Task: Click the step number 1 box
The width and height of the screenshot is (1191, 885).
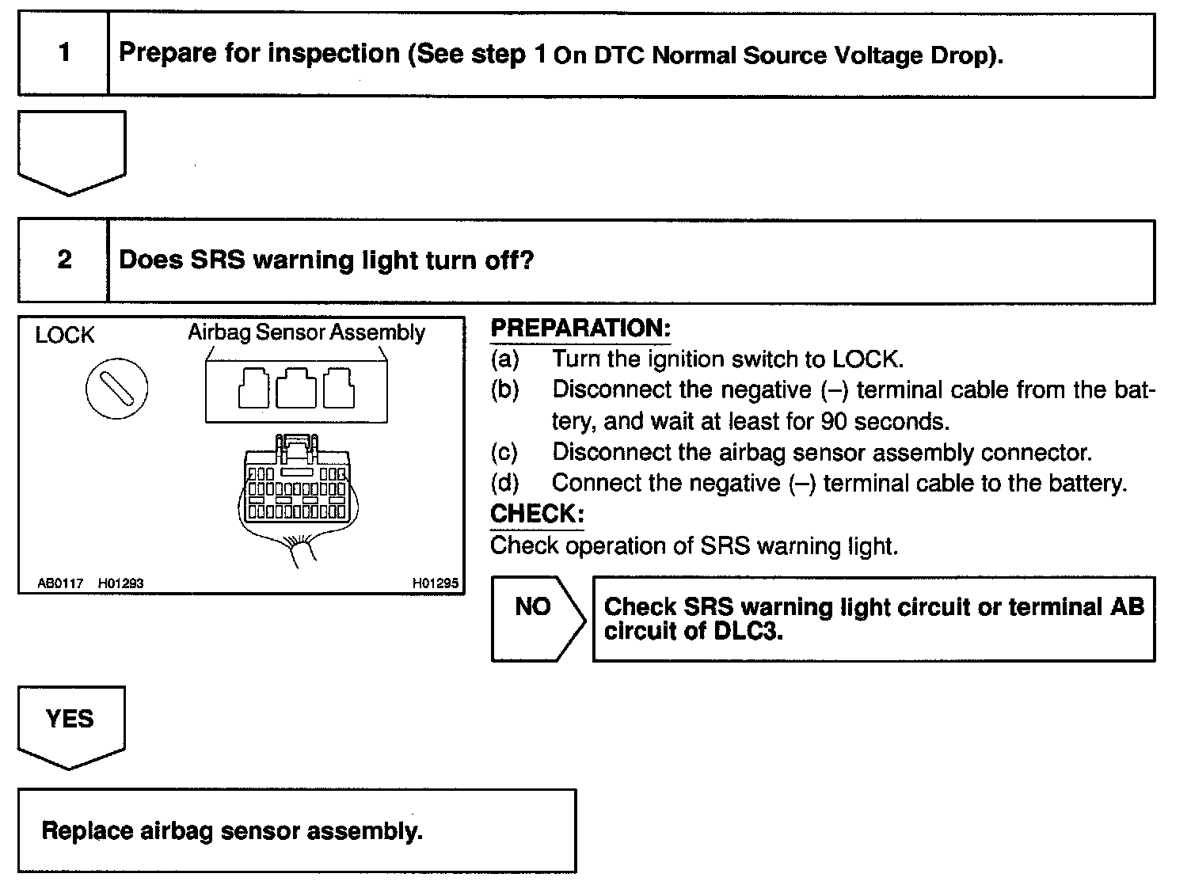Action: click(x=63, y=54)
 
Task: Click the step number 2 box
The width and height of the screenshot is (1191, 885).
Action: click(x=63, y=260)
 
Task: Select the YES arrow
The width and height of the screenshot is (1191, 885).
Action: click(x=70, y=724)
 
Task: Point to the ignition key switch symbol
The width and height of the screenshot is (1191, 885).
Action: click(x=116, y=388)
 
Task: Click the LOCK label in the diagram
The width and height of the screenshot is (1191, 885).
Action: click(x=64, y=335)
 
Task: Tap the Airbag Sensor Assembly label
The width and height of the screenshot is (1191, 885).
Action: click(x=306, y=332)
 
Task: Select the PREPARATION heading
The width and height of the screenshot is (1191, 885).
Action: click(x=580, y=328)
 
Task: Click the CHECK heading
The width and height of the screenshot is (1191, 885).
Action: click(x=536, y=514)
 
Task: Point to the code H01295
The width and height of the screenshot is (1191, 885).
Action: click(x=435, y=583)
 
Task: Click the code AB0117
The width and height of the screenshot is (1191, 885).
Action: click(x=60, y=583)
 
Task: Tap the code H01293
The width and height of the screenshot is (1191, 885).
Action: click(x=120, y=583)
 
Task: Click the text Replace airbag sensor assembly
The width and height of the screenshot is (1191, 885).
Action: click(x=231, y=830)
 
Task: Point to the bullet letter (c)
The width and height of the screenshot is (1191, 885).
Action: click(x=504, y=452)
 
